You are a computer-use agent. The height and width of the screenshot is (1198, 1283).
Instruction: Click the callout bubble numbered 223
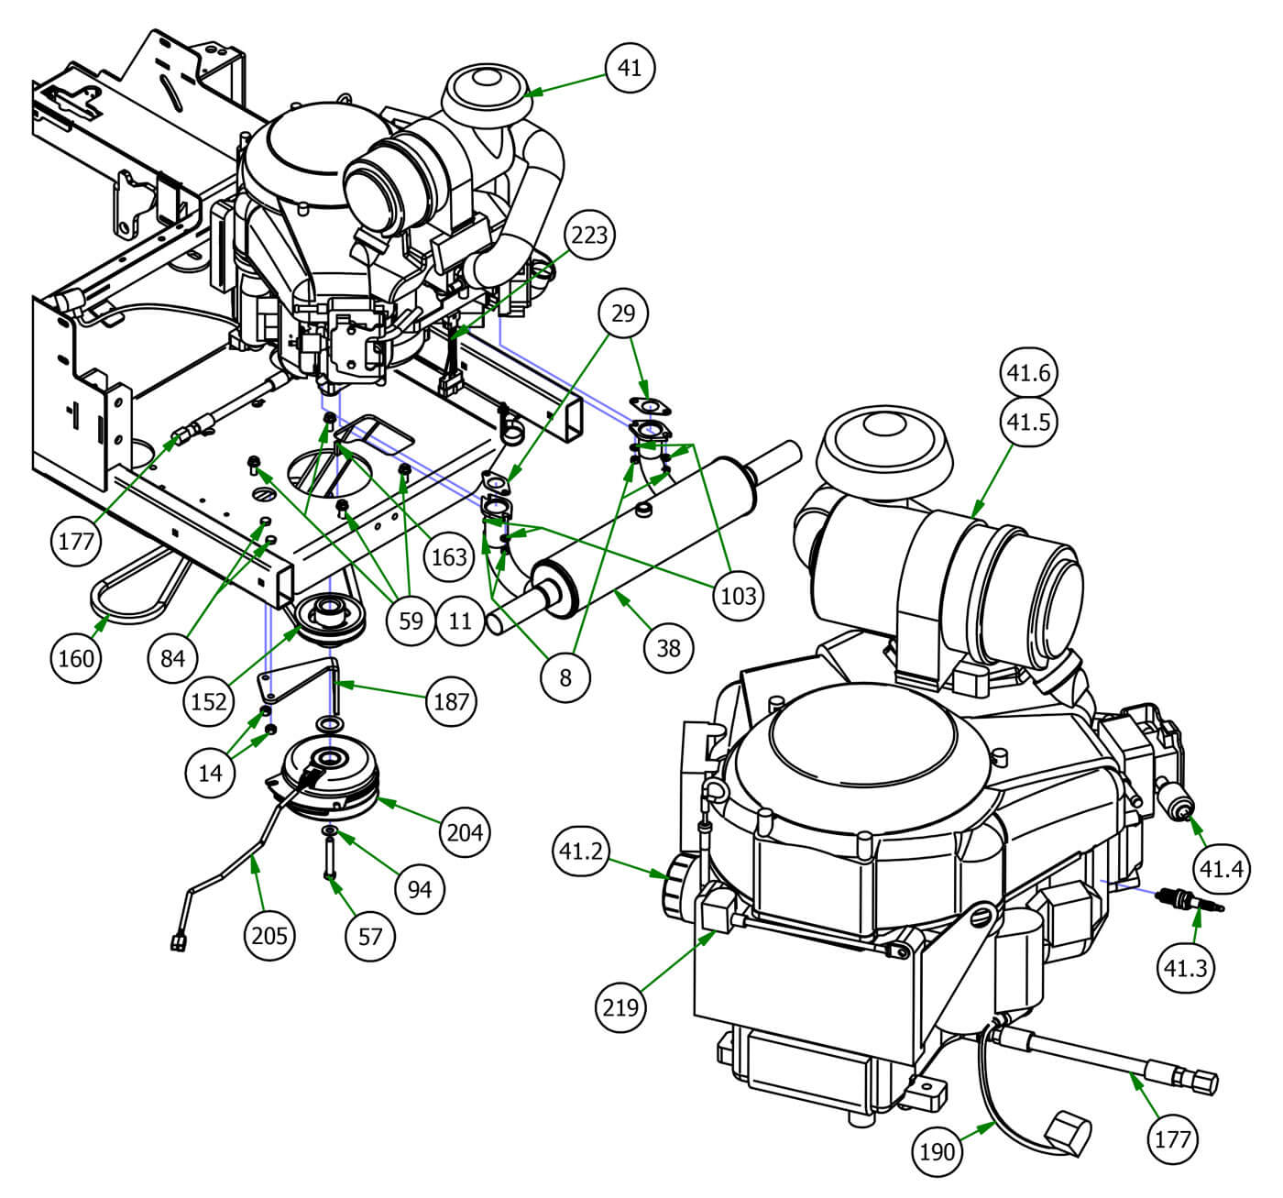tap(590, 236)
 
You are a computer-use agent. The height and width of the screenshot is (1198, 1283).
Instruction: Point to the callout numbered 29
tap(622, 313)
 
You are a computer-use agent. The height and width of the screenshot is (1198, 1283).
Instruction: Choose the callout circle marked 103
tap(738, 595)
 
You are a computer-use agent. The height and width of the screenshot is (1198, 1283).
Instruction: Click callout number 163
tap(449, 556)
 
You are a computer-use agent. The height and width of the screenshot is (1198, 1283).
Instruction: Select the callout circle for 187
tap(451, 702)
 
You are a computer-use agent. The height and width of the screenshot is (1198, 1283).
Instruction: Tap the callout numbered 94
tap(420, 888)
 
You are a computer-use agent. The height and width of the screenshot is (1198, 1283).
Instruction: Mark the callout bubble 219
tap(621, 1007)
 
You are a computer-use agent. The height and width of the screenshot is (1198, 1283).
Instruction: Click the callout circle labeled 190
tap(938, 1150)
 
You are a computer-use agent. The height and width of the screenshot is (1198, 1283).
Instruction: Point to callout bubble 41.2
tap(580, 852)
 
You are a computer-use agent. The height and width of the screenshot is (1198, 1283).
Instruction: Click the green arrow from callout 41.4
tap(1200, 829)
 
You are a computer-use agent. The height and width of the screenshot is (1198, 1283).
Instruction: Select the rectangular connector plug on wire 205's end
tap(179, 942)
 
